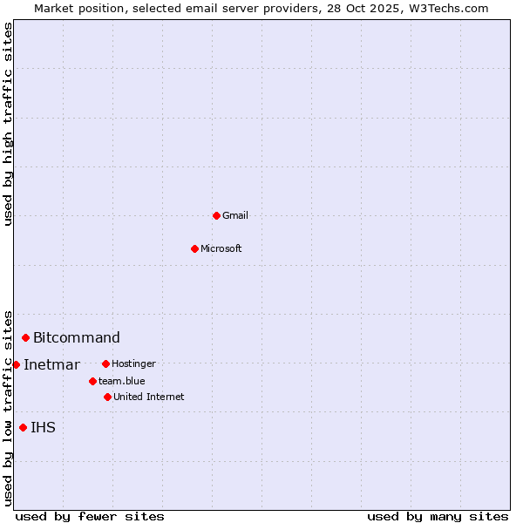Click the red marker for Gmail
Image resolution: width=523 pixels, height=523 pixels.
216,215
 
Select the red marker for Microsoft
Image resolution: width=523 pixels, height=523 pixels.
195,248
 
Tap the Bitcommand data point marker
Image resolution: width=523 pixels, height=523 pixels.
25,337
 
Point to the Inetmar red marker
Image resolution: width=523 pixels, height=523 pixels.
16,364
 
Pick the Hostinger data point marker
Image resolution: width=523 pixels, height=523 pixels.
105,363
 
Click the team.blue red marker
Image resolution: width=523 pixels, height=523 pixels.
92,381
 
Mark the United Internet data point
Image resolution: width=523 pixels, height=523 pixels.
107,397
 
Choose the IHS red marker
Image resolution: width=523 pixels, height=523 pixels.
23,427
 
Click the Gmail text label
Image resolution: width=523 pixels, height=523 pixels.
235,215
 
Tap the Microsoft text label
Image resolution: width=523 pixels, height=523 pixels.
221,248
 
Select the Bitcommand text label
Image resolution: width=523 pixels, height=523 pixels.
77,337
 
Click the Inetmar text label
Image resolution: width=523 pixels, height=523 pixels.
51,364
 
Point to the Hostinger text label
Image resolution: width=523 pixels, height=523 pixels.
134,363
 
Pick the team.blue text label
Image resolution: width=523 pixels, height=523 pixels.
122,381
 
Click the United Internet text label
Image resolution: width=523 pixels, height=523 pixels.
149,397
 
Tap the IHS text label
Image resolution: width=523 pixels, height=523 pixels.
43,427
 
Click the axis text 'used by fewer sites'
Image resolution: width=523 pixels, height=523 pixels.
90,516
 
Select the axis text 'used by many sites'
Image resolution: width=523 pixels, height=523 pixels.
438,516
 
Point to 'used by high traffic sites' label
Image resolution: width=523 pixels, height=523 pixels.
8,124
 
